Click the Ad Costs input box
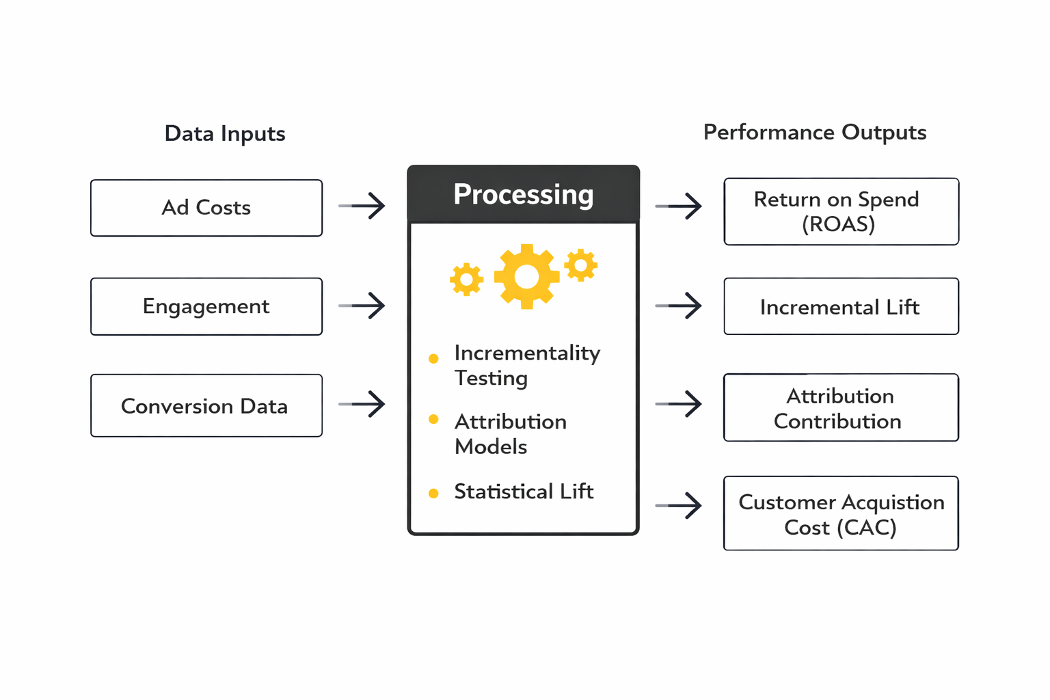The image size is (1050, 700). pos(206,208)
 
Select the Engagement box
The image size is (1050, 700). pos(206,306)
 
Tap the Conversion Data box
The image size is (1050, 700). pos(206,405)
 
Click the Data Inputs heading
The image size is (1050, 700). pos(225,133)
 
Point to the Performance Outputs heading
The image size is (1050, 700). pos(814,132)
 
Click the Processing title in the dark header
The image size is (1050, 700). pos(524,195)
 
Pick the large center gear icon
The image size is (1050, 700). pos(526,277)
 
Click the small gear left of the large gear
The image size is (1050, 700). pos(467,279)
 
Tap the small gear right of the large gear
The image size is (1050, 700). pos(580,265)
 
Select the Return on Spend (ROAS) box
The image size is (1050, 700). pos(841,211)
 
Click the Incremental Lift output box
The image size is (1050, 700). pos(841,306)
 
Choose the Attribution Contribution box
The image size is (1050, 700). pos(841,407)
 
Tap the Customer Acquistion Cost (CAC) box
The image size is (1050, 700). pos(841,513)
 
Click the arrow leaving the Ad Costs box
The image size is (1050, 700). pos(362,206)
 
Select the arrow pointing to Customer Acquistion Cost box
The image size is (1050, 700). pos(679,506)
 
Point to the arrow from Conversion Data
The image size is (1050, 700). pos(362,404)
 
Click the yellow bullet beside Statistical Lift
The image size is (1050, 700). pos(433,494)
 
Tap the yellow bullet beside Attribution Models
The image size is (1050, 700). pos(433,419)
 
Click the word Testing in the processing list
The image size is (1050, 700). pos(491,378)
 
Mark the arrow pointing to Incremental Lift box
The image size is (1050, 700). pos(679,306)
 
